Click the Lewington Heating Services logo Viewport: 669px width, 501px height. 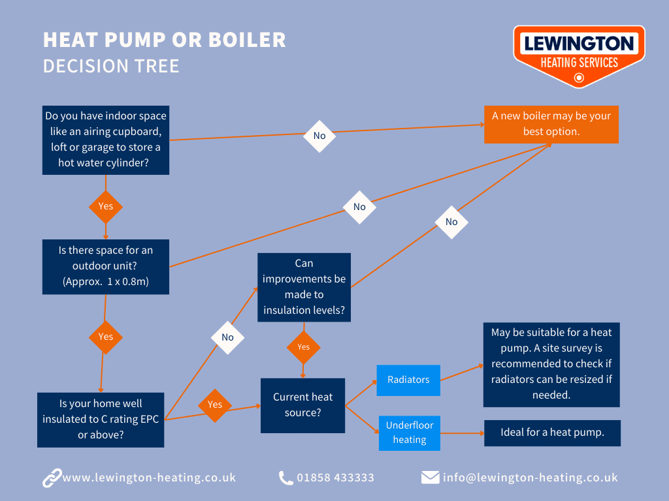tap(579, 55)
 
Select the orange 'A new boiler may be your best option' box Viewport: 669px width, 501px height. tap(551, 124)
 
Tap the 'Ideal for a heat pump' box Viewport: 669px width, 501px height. tap(552, 433)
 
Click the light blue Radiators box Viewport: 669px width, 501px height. tap(408, 380)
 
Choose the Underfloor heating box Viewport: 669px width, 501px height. tap(410, 433)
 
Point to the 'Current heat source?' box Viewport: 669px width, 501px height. tap(302, 405)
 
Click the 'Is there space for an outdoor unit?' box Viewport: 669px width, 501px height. tap(105, 266)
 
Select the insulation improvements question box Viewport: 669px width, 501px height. tap(304, 287)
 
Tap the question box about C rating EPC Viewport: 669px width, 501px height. tap(101, 419)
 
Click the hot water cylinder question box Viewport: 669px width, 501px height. tap(105, 140)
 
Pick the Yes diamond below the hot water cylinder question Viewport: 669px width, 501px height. tap(105, 206)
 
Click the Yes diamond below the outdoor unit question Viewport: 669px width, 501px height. tap(105, 337)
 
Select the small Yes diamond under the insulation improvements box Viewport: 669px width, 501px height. tap(304, 347)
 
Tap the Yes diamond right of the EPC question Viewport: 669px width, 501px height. tap(215, 404)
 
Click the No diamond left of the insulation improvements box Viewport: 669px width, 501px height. tap(227, 337)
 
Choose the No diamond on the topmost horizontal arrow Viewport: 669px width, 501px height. tap(319, 136)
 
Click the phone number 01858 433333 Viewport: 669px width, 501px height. tap(335, 478)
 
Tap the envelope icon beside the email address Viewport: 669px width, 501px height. tap(430, 478)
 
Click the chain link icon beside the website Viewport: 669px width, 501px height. tap(52, 478)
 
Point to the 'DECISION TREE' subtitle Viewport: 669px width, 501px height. tap(111, 67)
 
